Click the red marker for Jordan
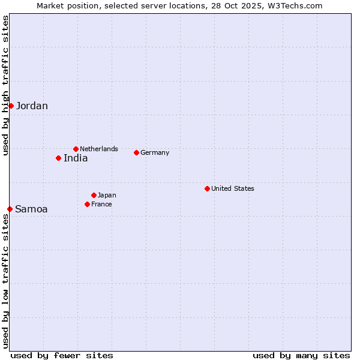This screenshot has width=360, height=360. pyautogui.click(x=11, y=106)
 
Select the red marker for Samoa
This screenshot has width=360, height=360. pyautogui.click(x=10, y=209)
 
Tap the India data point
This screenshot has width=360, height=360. pyautogui.click(x=58, y=158)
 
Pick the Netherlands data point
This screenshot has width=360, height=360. pyautogui.click(x=76, y=149)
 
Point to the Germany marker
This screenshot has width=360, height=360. pyautogui.click(x=136, y=152)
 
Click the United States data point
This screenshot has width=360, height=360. pyautogui.click(x=207, y=188)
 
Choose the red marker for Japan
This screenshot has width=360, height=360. pyautogui.click(x=94, y=195)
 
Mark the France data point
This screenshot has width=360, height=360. pyautogui.click(x=87, y=204)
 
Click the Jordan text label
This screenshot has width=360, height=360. pyautogui.click(x=32, y=106)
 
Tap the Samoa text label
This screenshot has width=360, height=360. pyautogui.click(x=31, y=209)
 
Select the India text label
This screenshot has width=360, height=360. pyautogui.click(x=76, y=158)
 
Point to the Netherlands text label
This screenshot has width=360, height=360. pyautogui.click(x=99, y=149)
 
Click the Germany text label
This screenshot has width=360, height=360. pyautogui.click(x=155, y=152)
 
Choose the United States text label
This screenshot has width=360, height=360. pyautogui.click(x=233, y=188)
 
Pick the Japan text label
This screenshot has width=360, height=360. pyautogui.click(x=107, y=195)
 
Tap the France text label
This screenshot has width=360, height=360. pyautogui.click(x=101, y=204)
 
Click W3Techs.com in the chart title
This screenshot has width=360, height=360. pyautogui.click(x=295, y=5)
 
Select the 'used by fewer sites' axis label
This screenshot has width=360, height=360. pyautogui.click(x=62, y=355)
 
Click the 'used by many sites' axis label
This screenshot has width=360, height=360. pyautogui.click(x=301, y=355)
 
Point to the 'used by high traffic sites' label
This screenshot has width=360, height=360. pyautogui.click(x=5, y=85)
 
